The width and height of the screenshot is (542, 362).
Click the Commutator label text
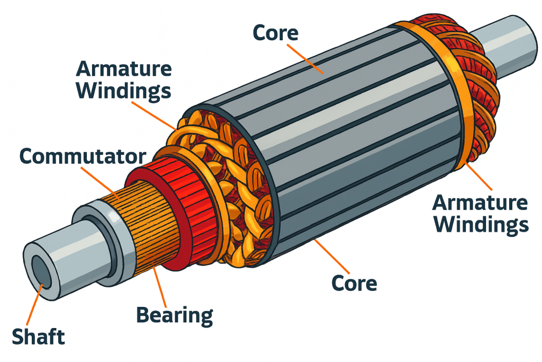(x=82, y=156)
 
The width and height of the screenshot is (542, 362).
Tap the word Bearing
(x=174, y=315)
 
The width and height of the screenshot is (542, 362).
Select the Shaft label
(x=39, y=337)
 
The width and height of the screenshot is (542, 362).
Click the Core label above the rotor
(x=275, y=33)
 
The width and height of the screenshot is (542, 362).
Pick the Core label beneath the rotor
(x=354, y=283)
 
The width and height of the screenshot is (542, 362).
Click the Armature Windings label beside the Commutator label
(x=124, y=80)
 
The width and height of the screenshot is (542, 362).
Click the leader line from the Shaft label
(x=36, y=302)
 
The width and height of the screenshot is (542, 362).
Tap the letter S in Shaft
(x=17, y=337)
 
